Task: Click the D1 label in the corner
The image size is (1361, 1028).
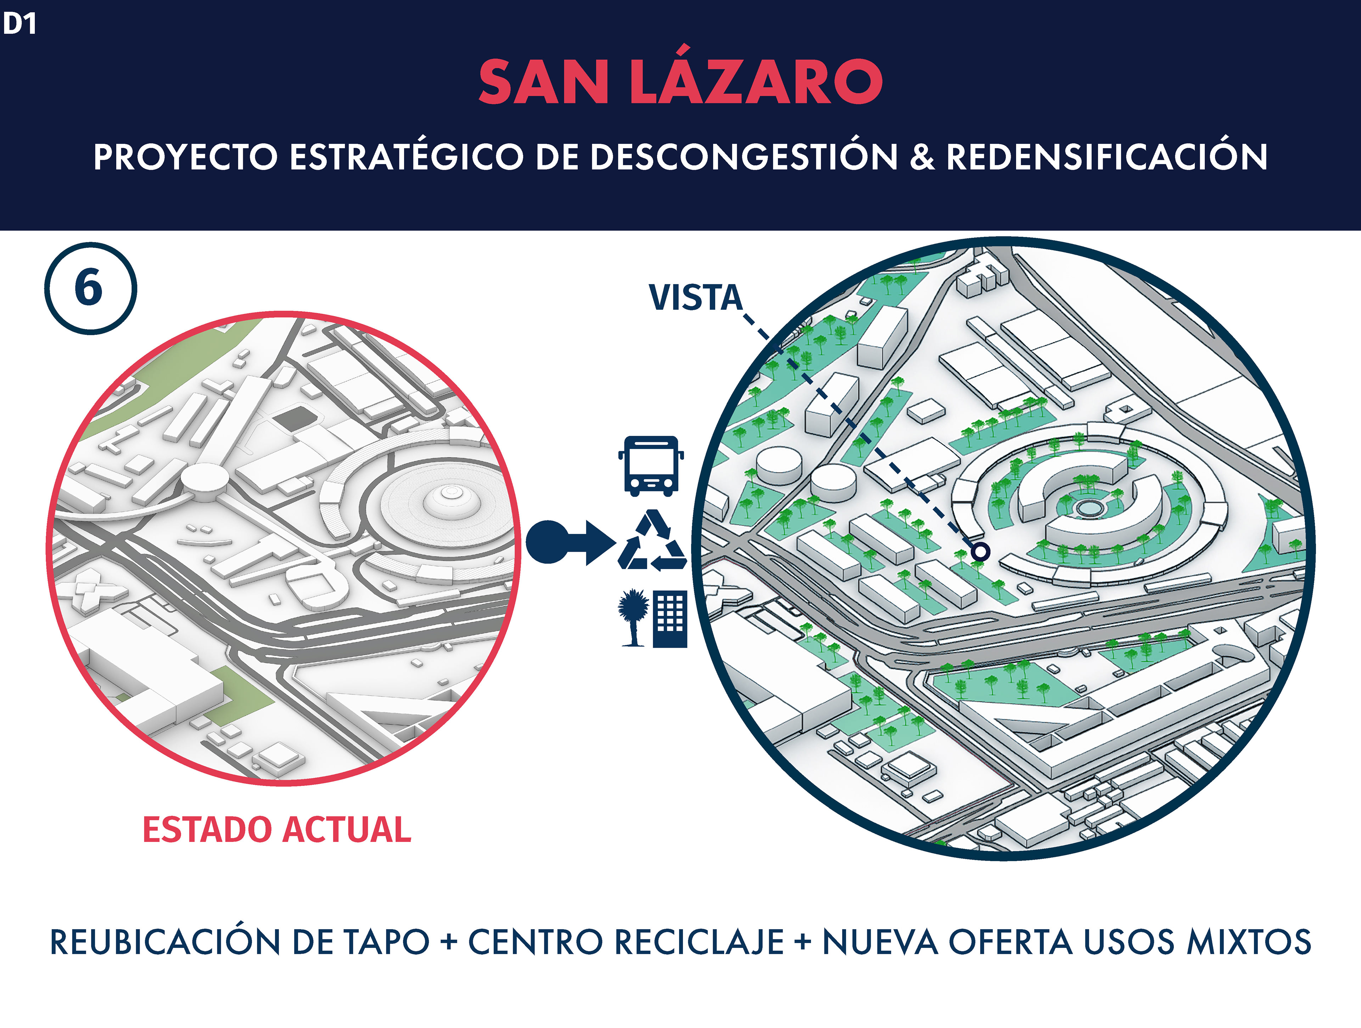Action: point(20,23)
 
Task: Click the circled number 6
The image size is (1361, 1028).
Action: point(90,288)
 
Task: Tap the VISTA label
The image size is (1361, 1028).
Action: point(695,298)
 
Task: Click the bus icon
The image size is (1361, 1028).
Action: point(651,466)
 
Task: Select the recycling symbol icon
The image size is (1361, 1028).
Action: point(652,541)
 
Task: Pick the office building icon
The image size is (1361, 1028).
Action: point(670,618)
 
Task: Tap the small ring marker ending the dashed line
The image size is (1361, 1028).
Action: point(980,551)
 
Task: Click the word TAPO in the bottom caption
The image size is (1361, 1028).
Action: point(386,942)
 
